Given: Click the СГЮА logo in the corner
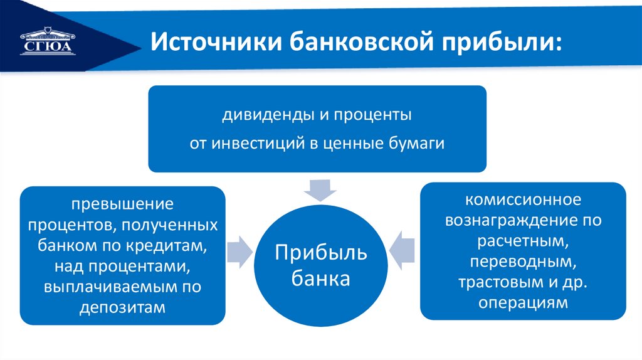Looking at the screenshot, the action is [47, 41].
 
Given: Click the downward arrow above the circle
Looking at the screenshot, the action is [317, 188].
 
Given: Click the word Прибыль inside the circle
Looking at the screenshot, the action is [320, 254].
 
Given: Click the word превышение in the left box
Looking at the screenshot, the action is [122, 206].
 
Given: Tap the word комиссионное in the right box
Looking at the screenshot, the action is [523, 201].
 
